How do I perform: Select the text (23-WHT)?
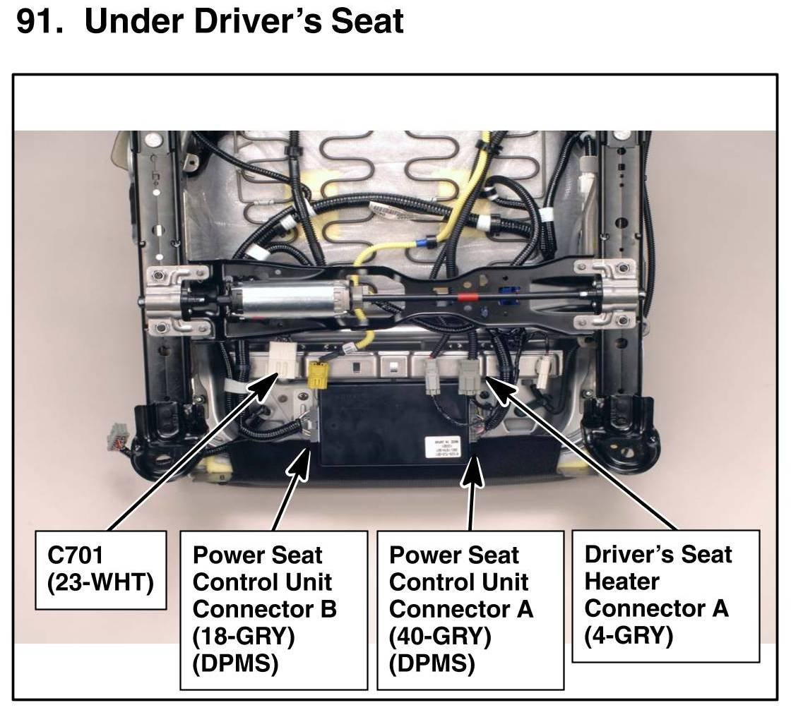[100, 584]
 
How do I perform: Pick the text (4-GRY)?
[629, 635]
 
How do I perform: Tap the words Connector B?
[264, 608]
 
